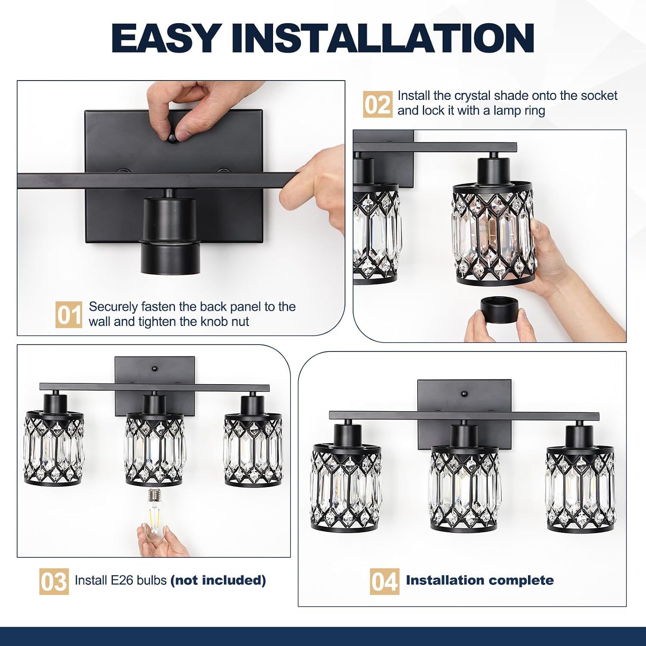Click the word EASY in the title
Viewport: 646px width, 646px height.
click(x=166, y=38)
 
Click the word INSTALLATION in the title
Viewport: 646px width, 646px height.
click(x=383, y=38)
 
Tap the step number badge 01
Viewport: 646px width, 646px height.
click(x=68, y=314)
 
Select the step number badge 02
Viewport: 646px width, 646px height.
click(x=378, y=104)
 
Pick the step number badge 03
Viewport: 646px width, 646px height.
click(x=54, y=581)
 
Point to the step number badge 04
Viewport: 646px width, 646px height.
click(x=384, y=581)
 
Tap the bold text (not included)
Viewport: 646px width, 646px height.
click(x=218, y=581)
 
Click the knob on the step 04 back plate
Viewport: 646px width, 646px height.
click(x=464, y=394)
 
